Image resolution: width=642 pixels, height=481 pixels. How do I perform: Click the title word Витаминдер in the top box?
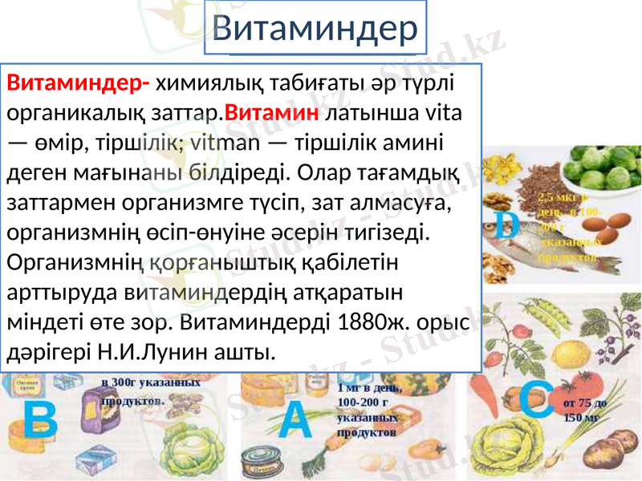coord(315,29)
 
